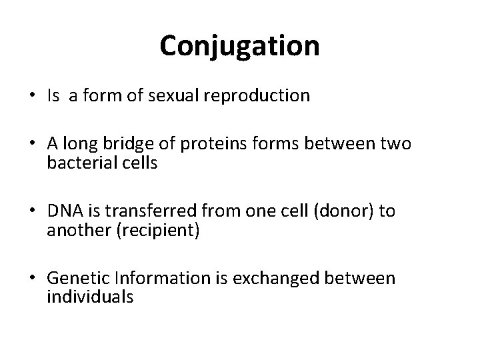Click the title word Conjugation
point(239,45)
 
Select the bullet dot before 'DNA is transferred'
point(31,212)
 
